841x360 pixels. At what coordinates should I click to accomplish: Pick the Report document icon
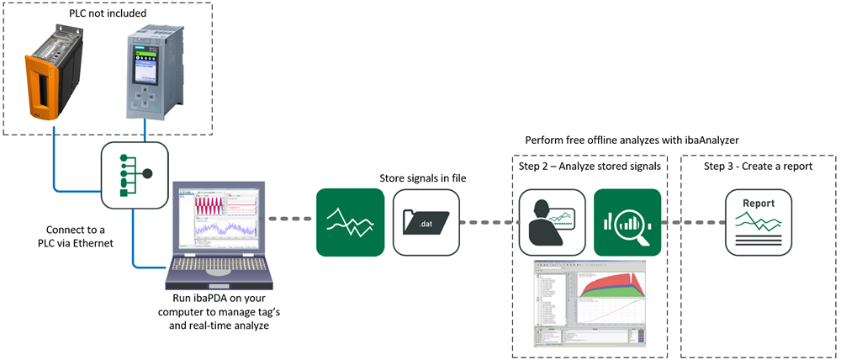pos(759,222)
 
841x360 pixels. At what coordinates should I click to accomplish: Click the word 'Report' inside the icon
pos(759,204)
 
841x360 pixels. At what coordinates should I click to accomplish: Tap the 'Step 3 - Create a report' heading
pos(758,166)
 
